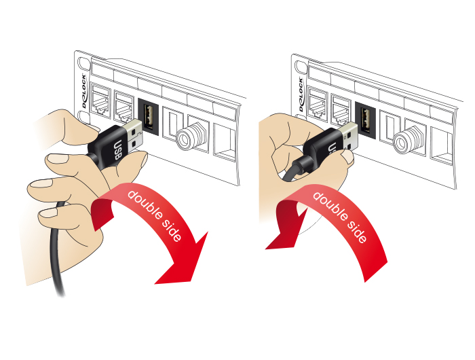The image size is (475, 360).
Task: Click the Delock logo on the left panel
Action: [x=84, y=91]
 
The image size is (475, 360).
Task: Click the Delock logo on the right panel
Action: [x=301, y=94]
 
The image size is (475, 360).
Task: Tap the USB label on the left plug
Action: [x=117, y=150]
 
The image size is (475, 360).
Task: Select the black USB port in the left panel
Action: [x=149, y=117]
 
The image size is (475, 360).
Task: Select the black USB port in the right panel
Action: [x=365, y=120]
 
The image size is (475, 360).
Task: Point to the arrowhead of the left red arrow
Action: [x=183, y=264]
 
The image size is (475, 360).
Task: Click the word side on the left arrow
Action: [x=172, y=230]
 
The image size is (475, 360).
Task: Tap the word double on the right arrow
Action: [x=330, y=206]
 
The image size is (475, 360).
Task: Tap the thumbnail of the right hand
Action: [x=347, y=156]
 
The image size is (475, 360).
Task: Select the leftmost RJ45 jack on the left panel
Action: [x=101, y=100]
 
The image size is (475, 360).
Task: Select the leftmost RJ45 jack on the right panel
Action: [x=318, y=104]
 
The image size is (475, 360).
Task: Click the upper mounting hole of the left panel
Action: [x=83, y=64]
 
